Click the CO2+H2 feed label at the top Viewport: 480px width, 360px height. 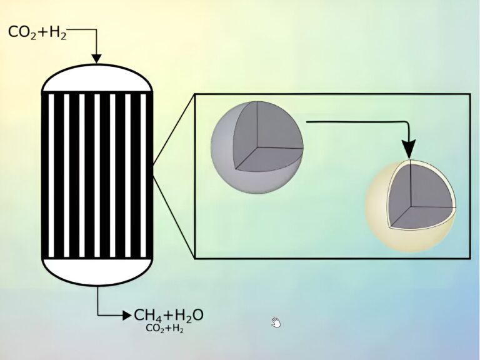point(37,32)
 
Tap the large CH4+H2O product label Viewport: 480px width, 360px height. point(169,316)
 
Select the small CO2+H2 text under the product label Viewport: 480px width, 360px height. point(165,329)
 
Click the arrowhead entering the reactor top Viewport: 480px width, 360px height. point(97,59)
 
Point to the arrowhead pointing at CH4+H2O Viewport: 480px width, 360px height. point(127,315)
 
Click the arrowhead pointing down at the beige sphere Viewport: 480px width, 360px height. point(409,149)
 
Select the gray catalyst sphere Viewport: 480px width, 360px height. point(257,147)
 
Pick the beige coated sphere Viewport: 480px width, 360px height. point(411,206)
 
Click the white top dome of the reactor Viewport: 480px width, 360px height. point(97,78)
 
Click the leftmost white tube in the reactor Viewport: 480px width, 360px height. point(51,176)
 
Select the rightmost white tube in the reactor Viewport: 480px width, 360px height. point(143,176)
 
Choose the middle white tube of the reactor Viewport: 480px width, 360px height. point(97,176)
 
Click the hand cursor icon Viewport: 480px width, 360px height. point(276,322)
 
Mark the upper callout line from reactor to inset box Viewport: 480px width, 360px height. point(173,129)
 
